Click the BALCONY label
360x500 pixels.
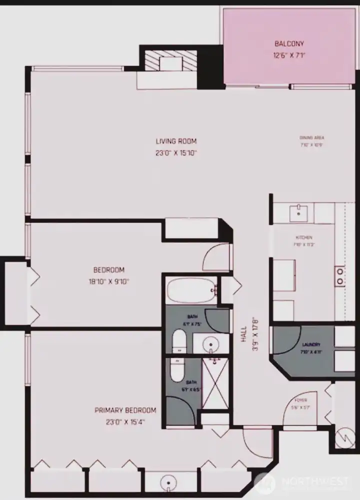(x=289, y=43)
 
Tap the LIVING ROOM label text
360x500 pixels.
(x=176, y=141)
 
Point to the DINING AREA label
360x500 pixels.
(x=312, y=138)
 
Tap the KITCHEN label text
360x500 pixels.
(x=304, y=237)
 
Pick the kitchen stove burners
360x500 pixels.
(x=339, y=276)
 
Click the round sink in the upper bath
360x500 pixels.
(x=210, y=344)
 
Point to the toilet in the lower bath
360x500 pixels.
(x=177, y=370)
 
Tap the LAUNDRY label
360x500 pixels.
(x=310, y=344)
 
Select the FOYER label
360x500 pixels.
(x=301, y=400)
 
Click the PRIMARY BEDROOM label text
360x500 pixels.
(x=125, y=410)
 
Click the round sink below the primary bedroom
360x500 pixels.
(x=168, y=483)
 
